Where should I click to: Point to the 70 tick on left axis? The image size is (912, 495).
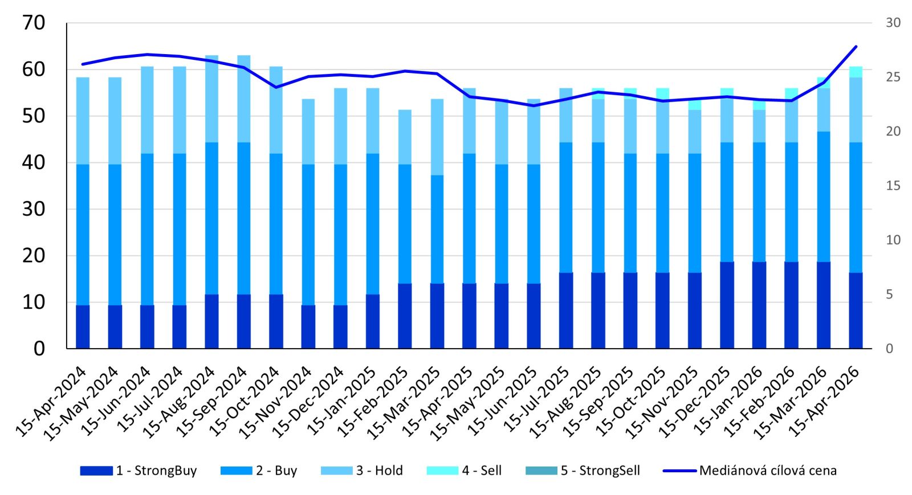34,23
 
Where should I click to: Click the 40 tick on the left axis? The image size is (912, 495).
34,162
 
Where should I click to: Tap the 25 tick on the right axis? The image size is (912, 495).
893,77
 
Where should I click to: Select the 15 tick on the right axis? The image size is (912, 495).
893,186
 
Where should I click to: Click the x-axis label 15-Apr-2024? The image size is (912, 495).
51,402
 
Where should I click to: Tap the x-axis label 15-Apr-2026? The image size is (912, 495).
824,402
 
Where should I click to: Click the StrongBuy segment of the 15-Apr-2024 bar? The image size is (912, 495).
83,326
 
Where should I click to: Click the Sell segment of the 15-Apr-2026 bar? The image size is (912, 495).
856,72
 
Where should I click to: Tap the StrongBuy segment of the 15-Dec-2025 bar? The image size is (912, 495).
727,305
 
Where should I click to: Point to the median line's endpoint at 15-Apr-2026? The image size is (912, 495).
856,47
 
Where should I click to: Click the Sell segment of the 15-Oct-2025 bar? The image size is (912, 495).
662,93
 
